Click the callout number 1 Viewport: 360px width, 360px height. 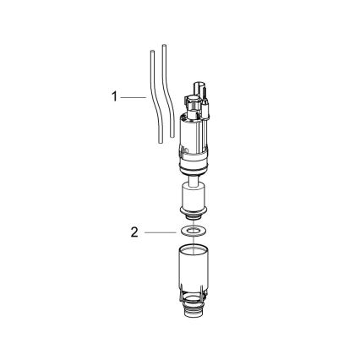114,97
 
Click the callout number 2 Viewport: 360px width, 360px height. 134,231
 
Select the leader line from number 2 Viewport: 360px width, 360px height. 161,231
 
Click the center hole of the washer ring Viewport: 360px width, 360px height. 194,230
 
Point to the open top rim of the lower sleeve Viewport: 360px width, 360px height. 194,250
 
